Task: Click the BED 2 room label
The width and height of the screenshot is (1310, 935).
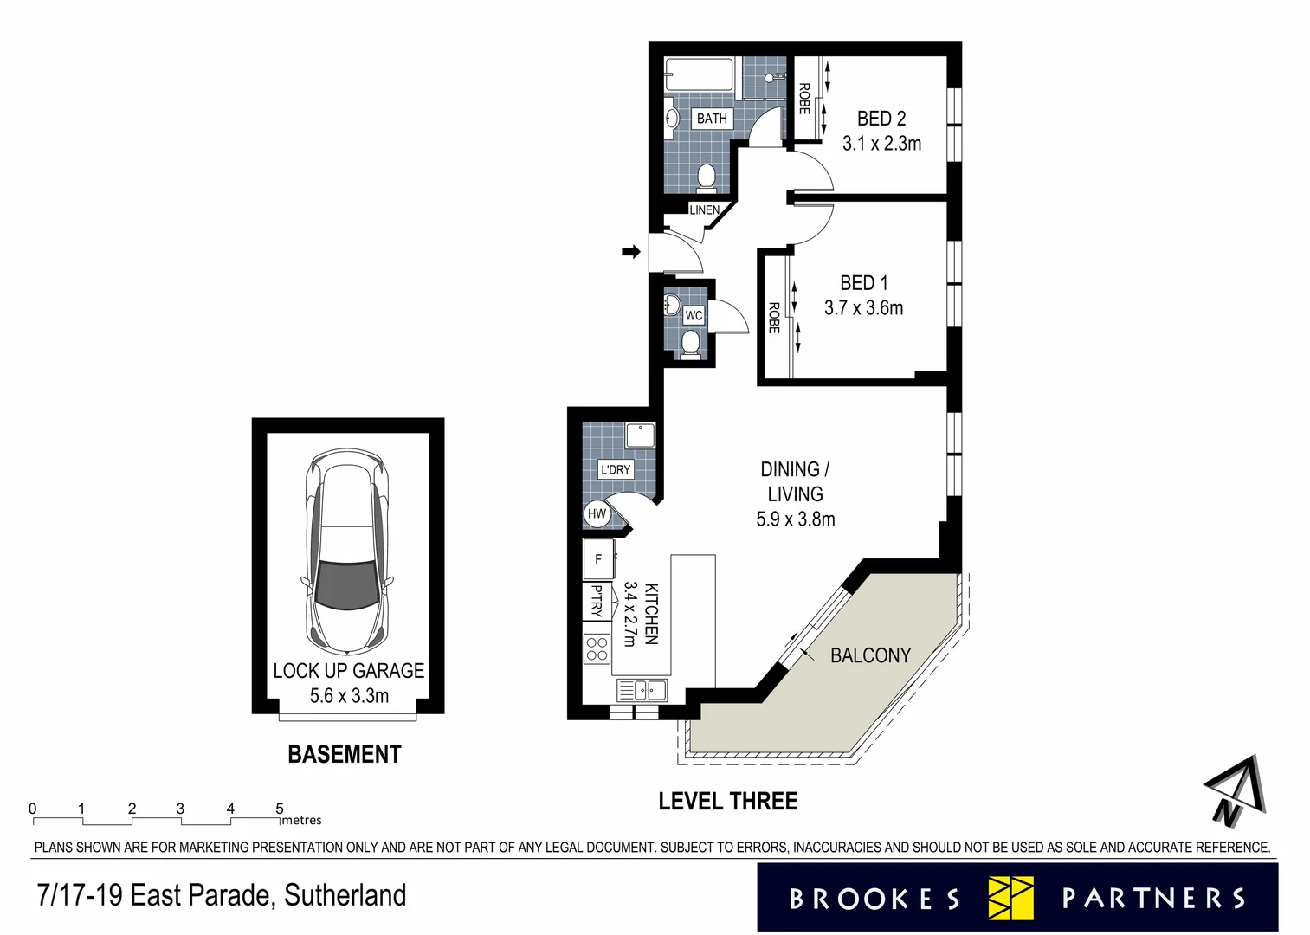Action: pyautogui.click(x=881, y=119)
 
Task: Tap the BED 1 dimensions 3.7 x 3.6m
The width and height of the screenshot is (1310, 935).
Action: pyautogui.click(x=863, y=308)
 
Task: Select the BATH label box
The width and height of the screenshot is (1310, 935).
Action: pyautogui.click(x=712, y=119)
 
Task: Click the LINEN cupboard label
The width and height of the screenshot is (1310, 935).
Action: pyautogui.click(x=704, y=210)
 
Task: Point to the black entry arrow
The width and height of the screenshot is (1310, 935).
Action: pyautogui.click(x=630, y=252)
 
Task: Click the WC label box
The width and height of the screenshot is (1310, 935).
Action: pyautogui.click(x=694, y=315)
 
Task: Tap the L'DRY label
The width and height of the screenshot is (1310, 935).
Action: pyautogui.click(x=616, y=469)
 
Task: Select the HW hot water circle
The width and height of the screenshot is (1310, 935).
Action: pyautogui.click(x=597, y=513)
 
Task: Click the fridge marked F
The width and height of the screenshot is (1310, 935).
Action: pyautogui.click(x=598, y=559)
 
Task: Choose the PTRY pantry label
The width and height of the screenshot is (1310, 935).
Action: pyautogui.click(x=597, y=600)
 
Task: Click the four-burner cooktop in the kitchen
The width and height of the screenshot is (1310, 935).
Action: pyautogui.click(x=597, y=648)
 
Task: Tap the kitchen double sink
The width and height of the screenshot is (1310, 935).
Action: pyautogui.click(x=642, y=690)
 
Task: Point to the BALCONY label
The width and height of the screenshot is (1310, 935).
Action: pyautogui.click(x=870, y=655)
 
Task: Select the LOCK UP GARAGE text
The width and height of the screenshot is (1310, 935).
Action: pyautogui.click(x=349, y=671)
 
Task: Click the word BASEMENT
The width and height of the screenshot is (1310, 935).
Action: pyautogui.click(x=344, y=754)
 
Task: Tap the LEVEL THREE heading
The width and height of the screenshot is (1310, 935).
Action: pyautogui.click(x=727, y=802)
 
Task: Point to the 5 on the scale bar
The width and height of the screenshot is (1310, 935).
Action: pyautogui.click(x=279, y=809)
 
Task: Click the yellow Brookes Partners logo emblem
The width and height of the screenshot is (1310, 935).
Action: pyautogui.click(x=1011, y=898)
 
